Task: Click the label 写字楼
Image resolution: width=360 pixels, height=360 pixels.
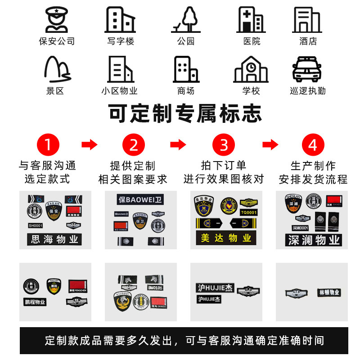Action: pyautogui.click(x=121, y=41)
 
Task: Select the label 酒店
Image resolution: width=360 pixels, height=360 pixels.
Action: pyautogui.click(x=308, y=41)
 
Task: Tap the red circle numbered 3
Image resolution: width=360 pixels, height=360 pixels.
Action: pyautogui.click(x=224, y=145)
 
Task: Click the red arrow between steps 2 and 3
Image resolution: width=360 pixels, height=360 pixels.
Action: pyautogui.click(x=178, y=145)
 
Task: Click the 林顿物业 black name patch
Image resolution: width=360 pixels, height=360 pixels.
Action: pyautogui.click(x=328, y=292)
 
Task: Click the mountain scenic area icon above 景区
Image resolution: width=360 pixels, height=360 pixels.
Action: pyautogui.click(x=57, y=69)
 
